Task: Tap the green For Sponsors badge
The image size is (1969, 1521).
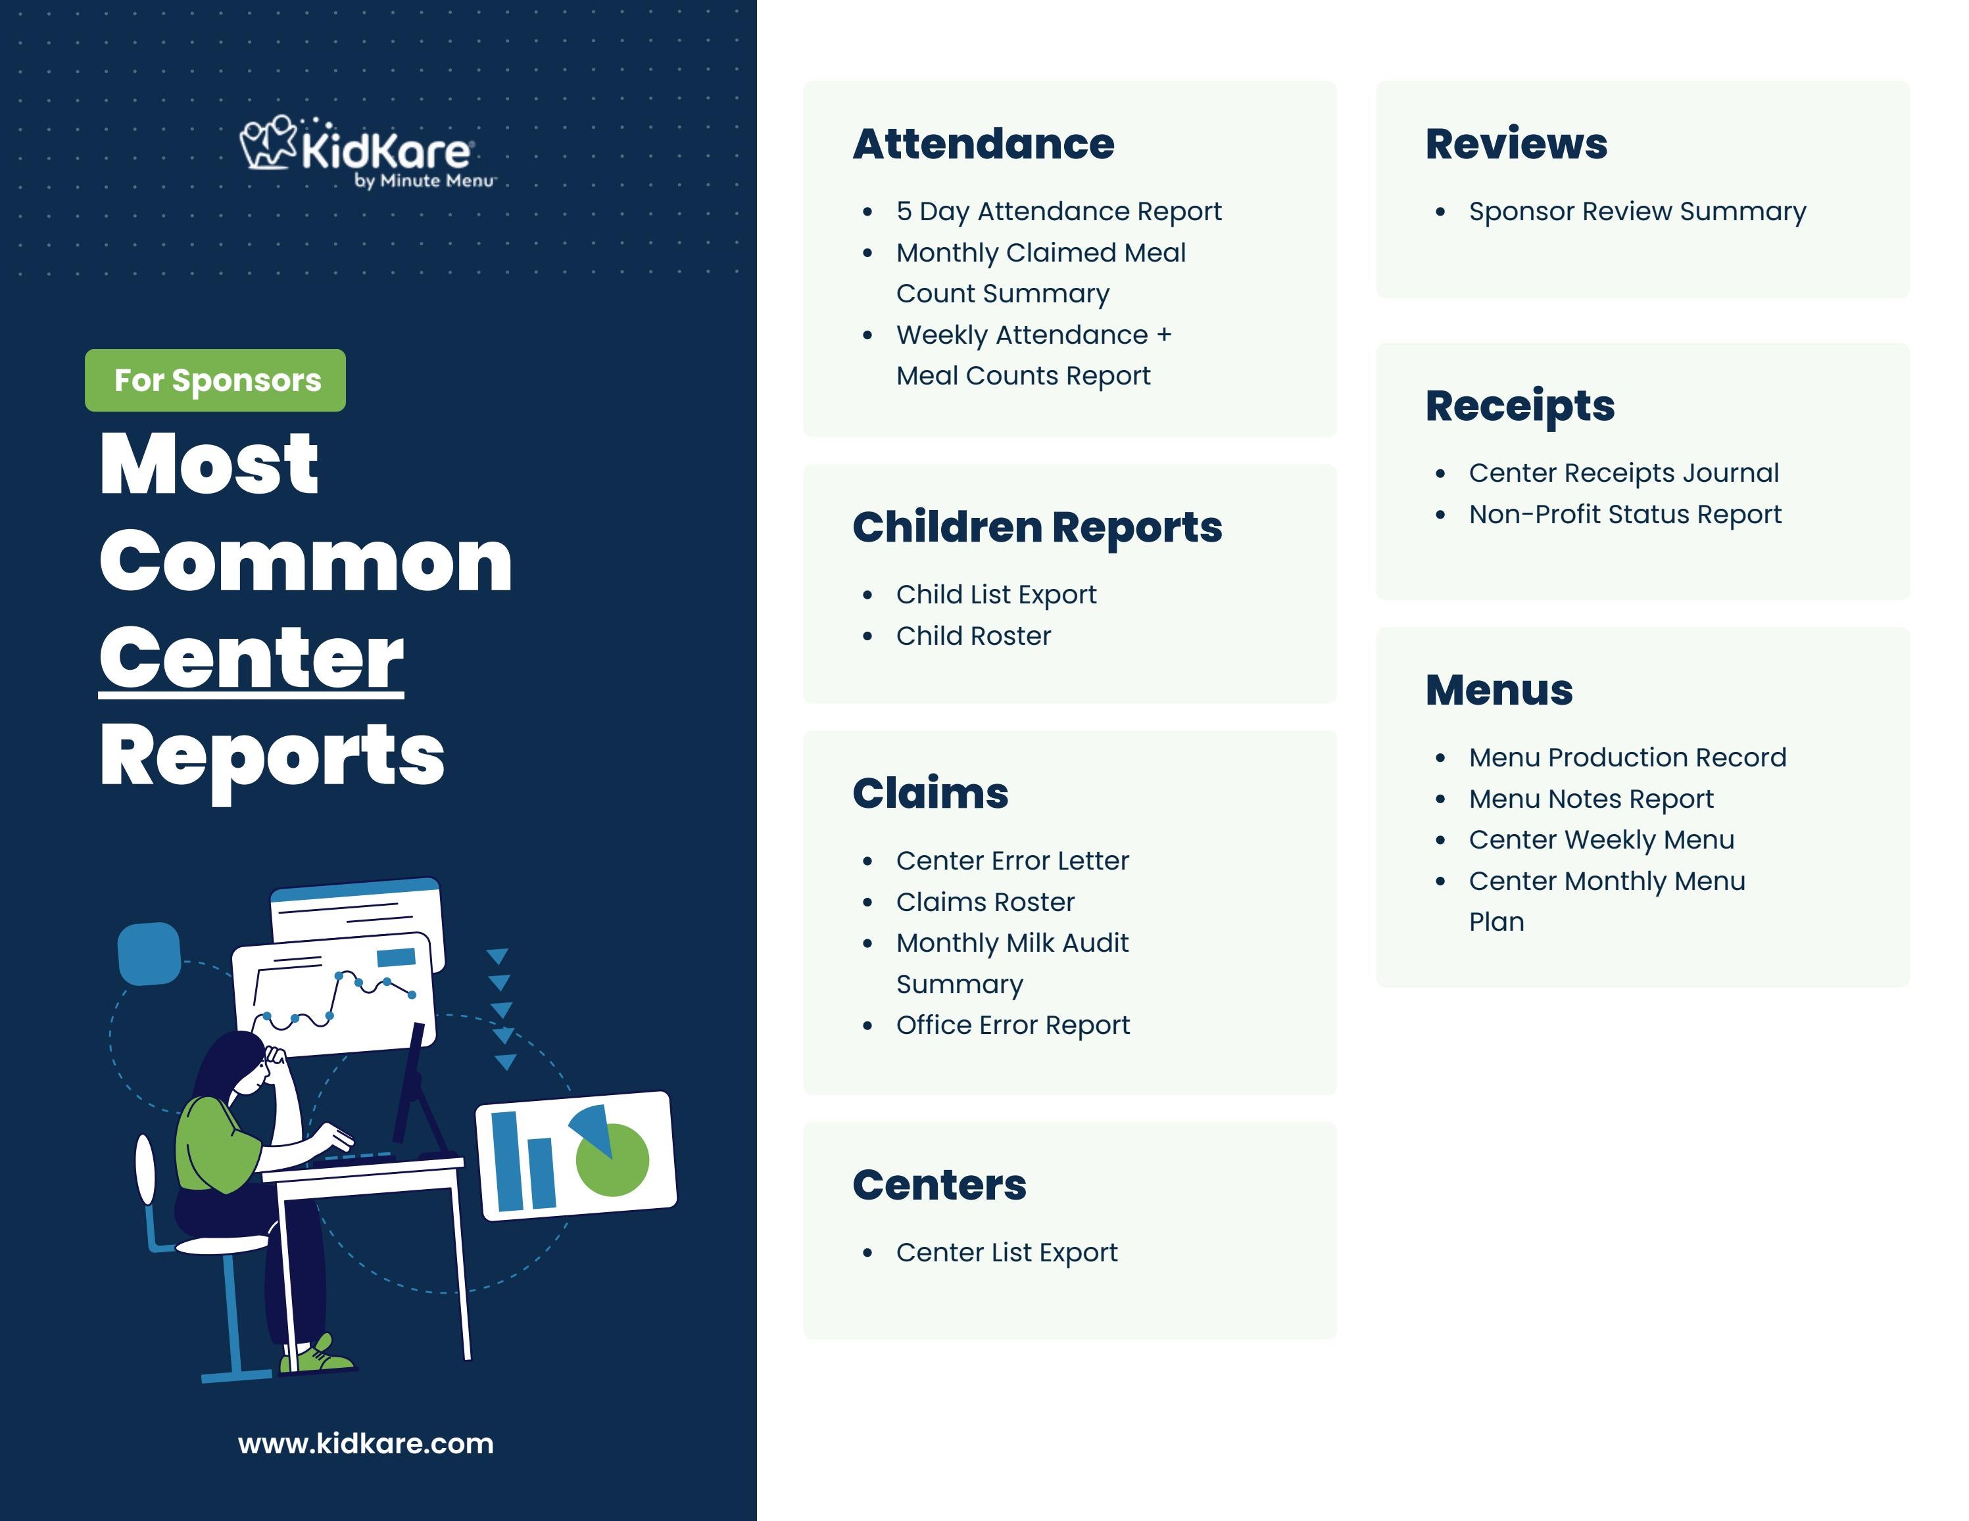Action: click(216, 380)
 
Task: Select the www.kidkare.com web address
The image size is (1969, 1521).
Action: click(365, 1443)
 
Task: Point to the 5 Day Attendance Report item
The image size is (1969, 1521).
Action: click(1058, 211)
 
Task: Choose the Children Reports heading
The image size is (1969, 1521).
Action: click(1037, 527)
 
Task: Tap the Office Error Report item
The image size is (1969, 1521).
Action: click(1012, 1025)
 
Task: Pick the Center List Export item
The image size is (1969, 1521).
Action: click(1006, 1252)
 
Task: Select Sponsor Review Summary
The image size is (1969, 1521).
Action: click(1638, 211)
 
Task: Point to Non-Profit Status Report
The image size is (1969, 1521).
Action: click(1624, 515)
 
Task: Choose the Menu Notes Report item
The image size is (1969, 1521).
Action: click(1590, 799)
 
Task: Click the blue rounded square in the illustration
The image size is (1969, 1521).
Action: click(150, 953)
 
